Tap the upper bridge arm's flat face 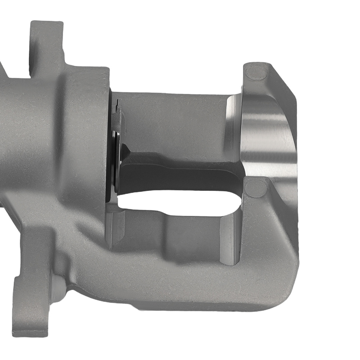pyautogui.click(x=173, y=119)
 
